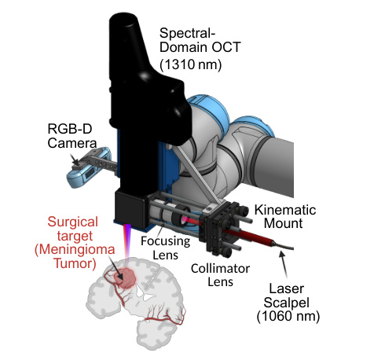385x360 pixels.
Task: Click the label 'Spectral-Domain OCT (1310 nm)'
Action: [200, 49]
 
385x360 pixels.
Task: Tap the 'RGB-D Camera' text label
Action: [72, 136]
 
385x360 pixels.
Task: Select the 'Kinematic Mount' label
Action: [285, 217]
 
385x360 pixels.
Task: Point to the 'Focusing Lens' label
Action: [165, 248]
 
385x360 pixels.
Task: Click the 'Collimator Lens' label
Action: [220, 275]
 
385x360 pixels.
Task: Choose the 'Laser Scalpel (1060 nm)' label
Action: [288, 303]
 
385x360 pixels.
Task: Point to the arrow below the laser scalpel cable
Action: [284, 264]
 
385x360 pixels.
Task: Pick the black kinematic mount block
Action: [219, 227]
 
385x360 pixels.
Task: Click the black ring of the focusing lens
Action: [182, 215]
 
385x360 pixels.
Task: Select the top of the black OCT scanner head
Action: [123, 19]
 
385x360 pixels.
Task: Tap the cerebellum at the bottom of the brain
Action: [155, 333]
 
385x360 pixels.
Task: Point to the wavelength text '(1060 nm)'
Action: [288, 316]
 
